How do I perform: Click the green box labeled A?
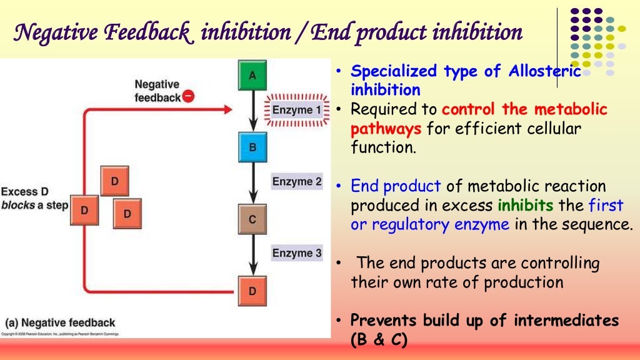252,76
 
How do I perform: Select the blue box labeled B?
252,147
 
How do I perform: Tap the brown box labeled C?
252,219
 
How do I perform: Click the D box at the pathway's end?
252,291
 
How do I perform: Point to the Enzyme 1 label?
297,111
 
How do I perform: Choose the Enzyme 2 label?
297,182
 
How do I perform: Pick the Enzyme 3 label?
297,253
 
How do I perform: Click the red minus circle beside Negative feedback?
189,97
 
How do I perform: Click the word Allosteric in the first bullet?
545,71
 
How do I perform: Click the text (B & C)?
379,340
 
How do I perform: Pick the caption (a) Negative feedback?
61,322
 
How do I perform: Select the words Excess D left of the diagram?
24,191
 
